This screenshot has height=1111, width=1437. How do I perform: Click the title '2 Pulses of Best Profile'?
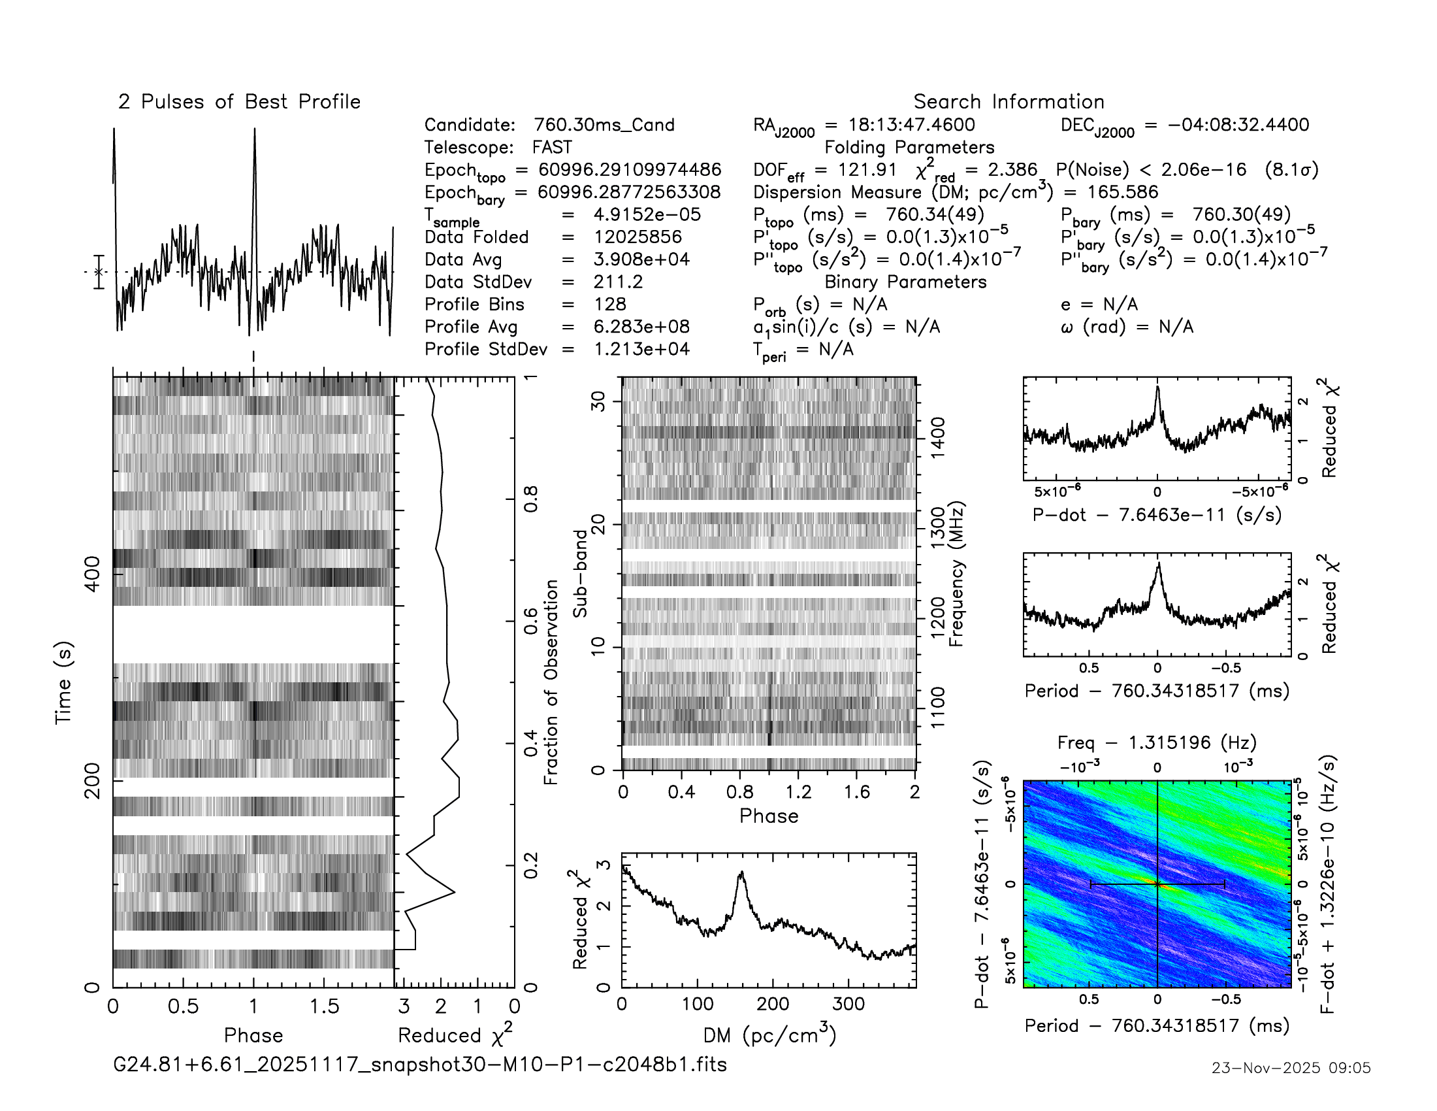(x=239, y=102)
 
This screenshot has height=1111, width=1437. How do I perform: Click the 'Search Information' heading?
(x=1008, y=102)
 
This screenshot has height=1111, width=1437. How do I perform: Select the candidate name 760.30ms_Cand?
(x=604, y=125)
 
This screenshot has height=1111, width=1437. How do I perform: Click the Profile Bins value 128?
(x=609, y=304)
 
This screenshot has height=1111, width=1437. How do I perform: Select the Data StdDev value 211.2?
(x=617, y=282)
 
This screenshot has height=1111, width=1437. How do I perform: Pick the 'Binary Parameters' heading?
(x=905, y=282)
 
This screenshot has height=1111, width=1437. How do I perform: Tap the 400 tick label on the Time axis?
(x=93, y=574)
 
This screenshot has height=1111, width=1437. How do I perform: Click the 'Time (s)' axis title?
(x=63, y=682)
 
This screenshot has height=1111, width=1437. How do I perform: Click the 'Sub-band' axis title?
(x=579, y=573)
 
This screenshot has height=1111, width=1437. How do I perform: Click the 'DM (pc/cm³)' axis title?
(x=769, y=1035)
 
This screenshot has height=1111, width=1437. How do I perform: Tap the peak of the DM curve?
(x=741, y=872)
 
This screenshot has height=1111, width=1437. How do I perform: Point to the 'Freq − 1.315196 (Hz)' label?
(x=1157, y=742)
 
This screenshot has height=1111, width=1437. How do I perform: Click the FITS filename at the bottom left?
(x=420, y=1064)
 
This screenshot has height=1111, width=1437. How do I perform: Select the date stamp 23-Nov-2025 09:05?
(x=1291, y=1068)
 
